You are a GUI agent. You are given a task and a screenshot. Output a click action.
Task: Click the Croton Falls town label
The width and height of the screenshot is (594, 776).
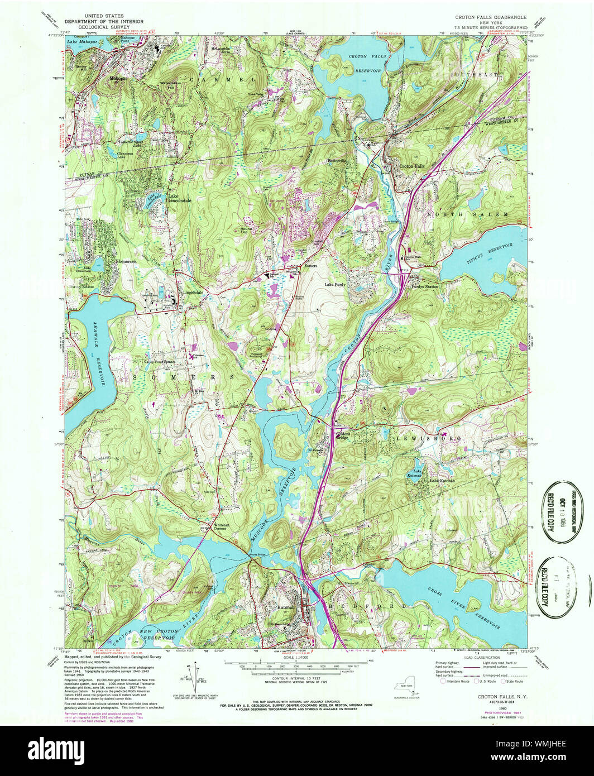click(x=411, y=166)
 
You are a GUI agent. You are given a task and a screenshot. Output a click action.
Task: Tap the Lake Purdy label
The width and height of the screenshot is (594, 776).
click(x=336, y=284)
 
